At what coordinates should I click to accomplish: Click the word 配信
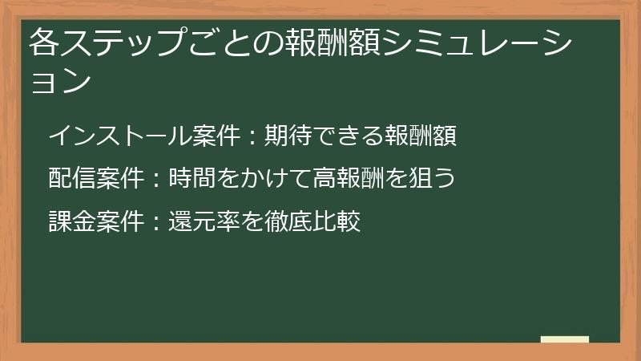pyautogui.click(x=68, y=178)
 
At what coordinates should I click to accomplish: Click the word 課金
pyautogui.click(x=68, y=221)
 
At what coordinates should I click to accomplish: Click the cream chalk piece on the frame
pyautogui.click(x=565, y=340)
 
